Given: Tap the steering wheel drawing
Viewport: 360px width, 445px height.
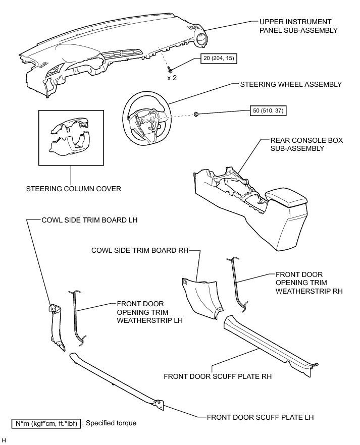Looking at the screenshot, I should (x=146, y=116).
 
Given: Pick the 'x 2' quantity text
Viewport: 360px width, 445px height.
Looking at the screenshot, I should (x=173, y=78).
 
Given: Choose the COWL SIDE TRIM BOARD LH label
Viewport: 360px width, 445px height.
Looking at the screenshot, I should (x=89, y=220).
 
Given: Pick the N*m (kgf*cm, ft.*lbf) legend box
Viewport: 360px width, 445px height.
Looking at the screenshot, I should (x=46, y=423).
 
